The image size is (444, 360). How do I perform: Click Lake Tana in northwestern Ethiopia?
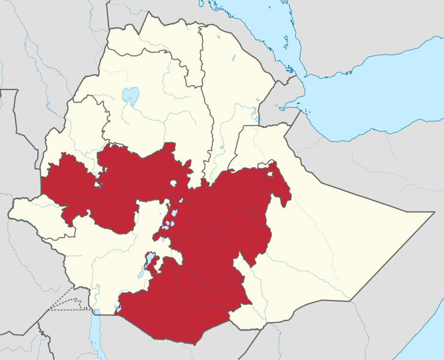(x=130, y=95)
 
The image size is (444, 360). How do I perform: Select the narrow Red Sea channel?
(x=252, y=30)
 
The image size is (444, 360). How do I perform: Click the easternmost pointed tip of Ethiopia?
(x=433, y=212)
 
